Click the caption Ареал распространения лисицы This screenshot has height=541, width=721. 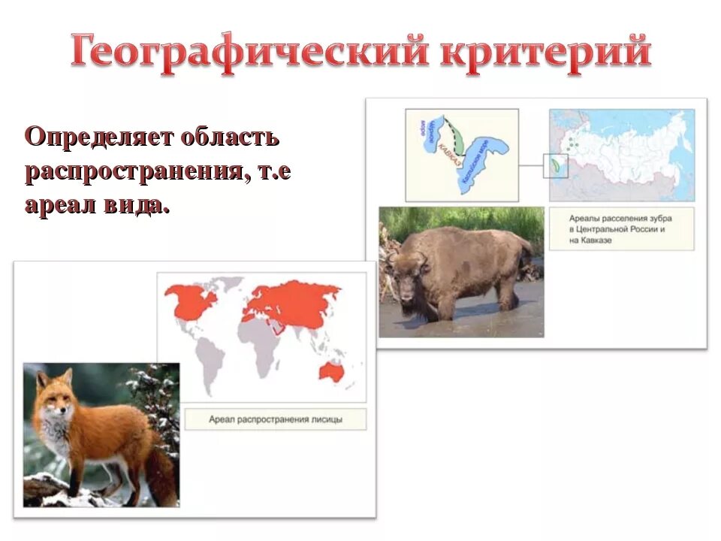[275, 419]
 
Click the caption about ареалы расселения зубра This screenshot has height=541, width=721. [621, 228]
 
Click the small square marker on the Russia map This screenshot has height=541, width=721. [556, 165]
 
